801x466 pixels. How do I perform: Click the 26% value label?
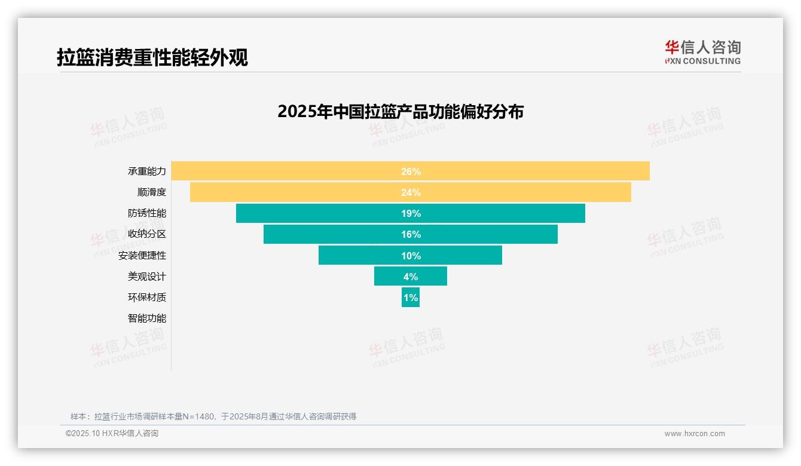[411, 171]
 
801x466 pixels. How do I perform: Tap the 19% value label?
[411, 213]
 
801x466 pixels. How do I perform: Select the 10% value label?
[411, 256]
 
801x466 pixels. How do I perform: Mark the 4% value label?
[411, 277]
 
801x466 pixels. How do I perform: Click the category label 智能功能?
[146, 318]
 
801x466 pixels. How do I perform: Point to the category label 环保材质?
[146, 298]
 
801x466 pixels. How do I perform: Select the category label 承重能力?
[146, 171]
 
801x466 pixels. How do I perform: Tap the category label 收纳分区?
[146, 234]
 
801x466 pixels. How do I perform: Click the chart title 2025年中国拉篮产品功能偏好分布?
[400, 112]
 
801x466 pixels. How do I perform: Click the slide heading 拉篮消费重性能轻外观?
[152, 58]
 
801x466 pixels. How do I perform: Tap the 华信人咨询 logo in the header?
[702, 52]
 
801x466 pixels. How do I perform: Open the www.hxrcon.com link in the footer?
[695, 434]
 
